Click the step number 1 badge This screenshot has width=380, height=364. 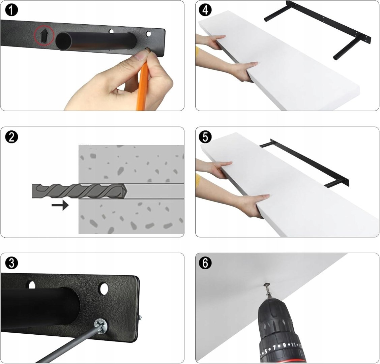pos(11,10)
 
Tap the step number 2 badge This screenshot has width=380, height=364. pos(11,137)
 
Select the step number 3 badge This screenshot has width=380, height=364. pos(11,263)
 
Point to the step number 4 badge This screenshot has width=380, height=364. pos(205,10)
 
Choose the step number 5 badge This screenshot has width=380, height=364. pos(205,137)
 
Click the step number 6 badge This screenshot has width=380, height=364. pos(205,263)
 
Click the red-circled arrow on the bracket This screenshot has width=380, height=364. pos(43,36)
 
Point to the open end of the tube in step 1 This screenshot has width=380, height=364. pos(64,41)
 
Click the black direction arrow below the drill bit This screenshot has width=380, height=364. pos(60,205)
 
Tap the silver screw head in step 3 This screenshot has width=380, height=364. pos(101,325)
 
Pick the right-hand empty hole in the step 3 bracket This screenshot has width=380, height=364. pos(104,289)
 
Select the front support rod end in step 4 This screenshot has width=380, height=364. pos(335,58)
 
